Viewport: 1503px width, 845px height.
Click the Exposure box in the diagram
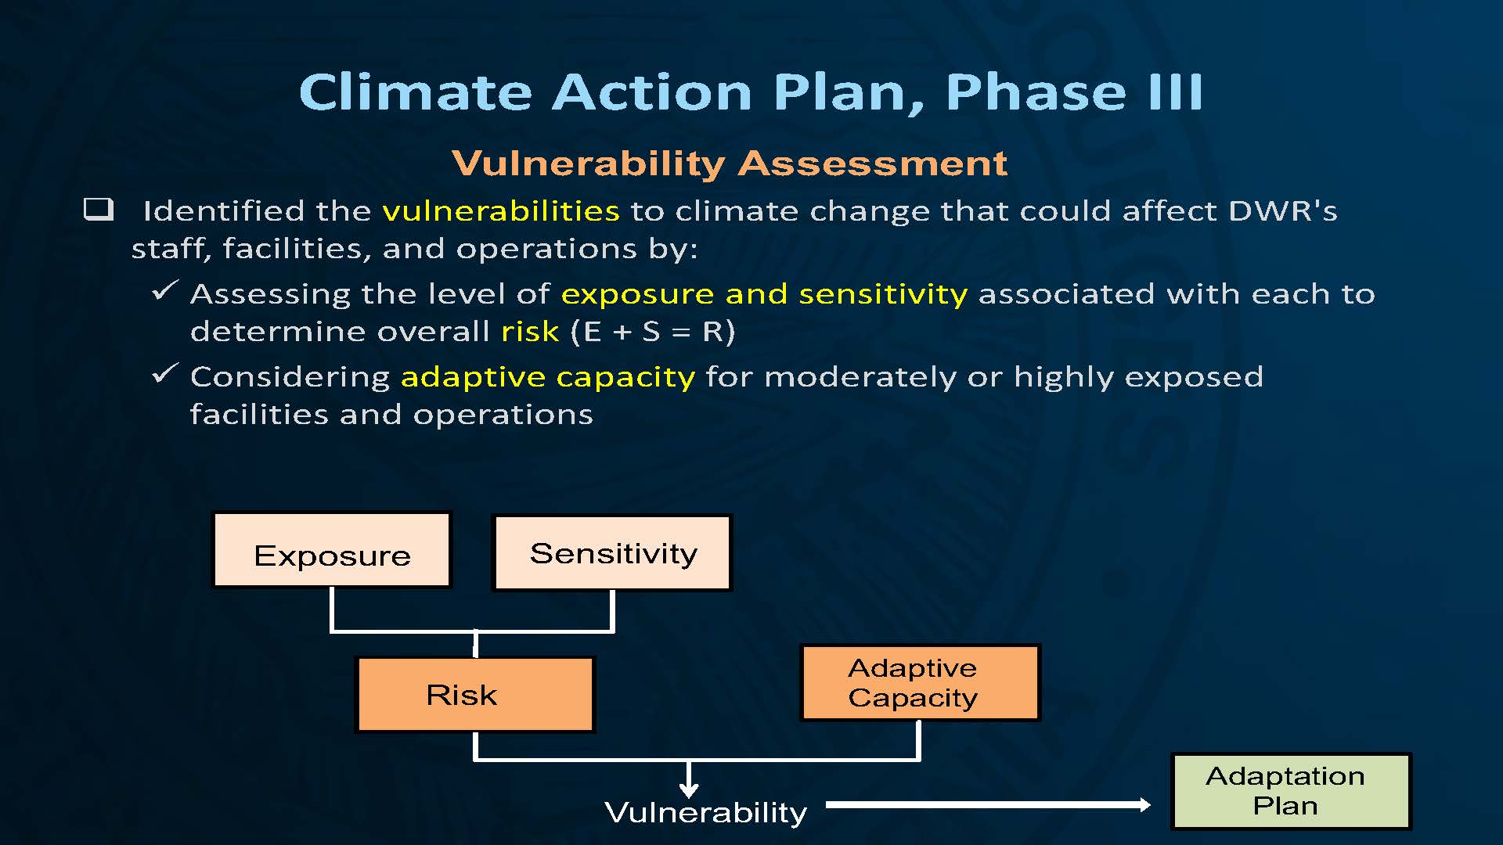click(332, 550)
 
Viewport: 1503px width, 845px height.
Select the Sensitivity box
click(612, 552)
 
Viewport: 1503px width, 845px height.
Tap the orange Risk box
click(475, 695)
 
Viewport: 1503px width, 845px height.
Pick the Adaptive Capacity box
click(921, 682)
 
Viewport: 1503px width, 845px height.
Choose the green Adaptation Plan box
click(1292, 791)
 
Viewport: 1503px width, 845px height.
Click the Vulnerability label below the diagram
click(706, 813)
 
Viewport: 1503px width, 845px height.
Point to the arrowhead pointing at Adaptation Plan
click(1144, 804)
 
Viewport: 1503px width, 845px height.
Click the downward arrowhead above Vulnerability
click(689, 789)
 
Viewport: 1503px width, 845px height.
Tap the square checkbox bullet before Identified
click(99, 209)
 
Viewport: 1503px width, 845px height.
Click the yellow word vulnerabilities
click(501, 211)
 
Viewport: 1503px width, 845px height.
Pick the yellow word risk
click(530, 332)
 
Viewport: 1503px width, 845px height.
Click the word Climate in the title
click(416, 92)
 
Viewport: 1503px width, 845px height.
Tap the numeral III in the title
click(1175, 92)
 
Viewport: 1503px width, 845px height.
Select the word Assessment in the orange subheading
click(873, 164)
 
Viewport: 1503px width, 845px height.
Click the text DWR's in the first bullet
click(1283, 211)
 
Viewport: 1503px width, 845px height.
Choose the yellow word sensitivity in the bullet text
click(883, 294)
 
